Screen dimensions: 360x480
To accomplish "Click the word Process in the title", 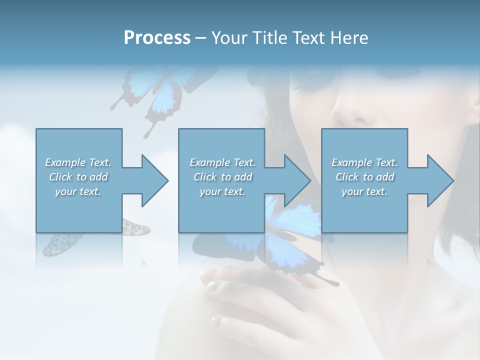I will (156, 37).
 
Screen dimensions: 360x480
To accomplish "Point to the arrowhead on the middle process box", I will (296, 180).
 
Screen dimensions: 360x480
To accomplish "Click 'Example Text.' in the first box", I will (78, 162).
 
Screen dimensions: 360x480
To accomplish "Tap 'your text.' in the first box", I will (78, 191).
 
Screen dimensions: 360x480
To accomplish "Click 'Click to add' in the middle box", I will (222, 177).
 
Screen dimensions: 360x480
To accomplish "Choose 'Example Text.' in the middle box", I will (222, 162).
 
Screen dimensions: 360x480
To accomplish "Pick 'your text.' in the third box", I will (364, 191).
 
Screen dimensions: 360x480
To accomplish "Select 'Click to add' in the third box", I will (364, 177).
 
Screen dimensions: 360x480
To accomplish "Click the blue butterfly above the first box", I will (150, 92).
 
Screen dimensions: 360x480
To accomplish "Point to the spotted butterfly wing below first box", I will (135, 227).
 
